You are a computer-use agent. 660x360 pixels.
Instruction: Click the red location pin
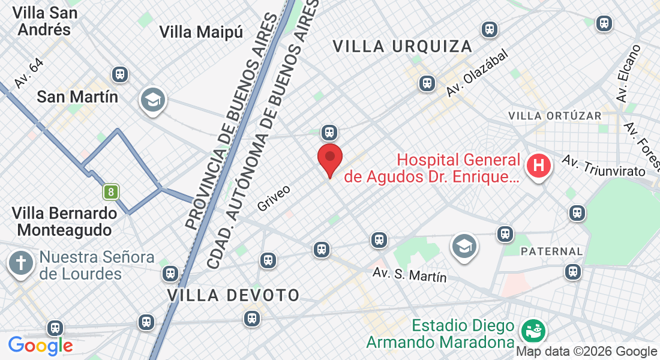coord(329,158)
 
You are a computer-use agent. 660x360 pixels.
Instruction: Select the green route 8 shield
coord(110,192)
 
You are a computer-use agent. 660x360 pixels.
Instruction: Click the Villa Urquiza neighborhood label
coord(402,46)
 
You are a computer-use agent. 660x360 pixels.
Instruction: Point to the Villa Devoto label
coord(233,295)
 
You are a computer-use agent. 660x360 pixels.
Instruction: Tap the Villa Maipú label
coord(201,32)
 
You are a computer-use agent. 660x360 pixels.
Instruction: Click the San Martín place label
coord(77,96)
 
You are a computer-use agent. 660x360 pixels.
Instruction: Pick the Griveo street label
coord(274,198)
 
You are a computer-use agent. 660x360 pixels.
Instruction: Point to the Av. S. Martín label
coord(410,275)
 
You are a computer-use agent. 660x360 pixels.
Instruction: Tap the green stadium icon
coord(531,329)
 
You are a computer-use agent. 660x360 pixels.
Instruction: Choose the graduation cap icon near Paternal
coord(464,246)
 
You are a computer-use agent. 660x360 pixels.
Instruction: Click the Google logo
coord(40,346)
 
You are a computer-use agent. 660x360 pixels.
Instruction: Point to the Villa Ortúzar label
coord(554,115)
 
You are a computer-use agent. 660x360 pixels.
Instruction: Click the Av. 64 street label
coord(29,74)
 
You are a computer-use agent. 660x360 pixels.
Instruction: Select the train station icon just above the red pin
coord(328,132)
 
